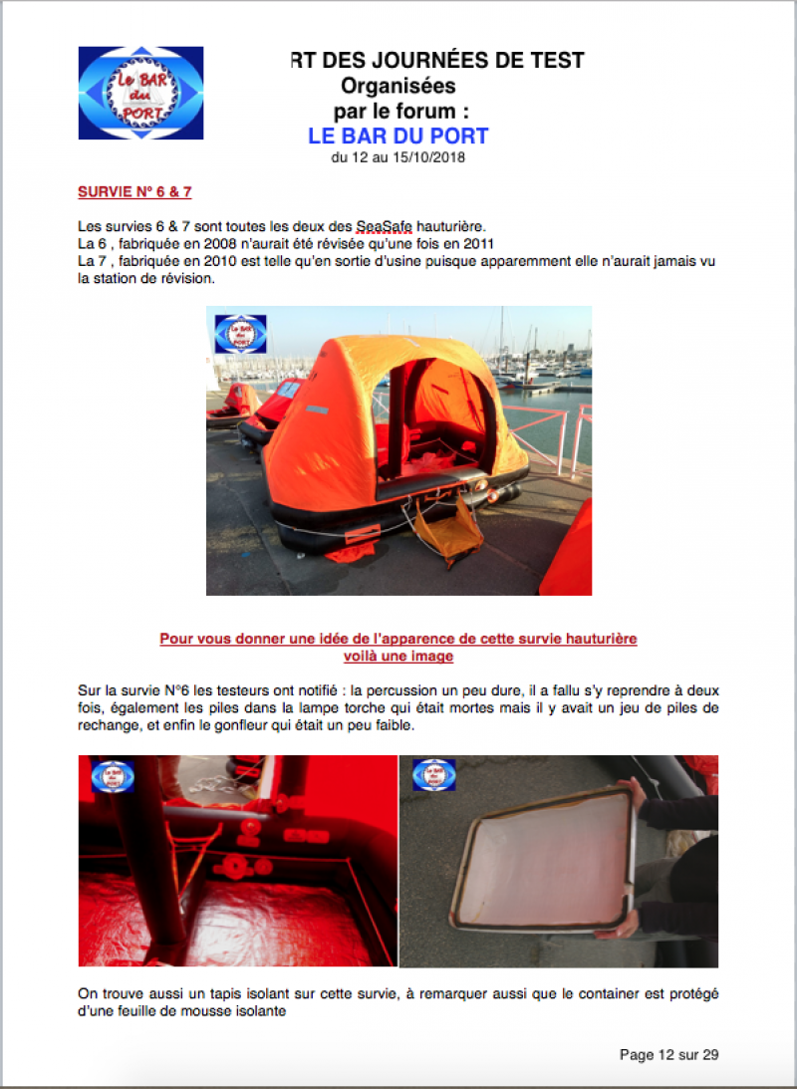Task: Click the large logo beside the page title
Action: coord(140,93)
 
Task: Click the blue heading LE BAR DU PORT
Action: coord(398,136)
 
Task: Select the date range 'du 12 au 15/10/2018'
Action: coord(398,158)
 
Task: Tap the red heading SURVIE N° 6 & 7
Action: coord(134,192)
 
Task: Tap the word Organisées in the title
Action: coord(398,86)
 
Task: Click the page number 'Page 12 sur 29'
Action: coord(669,1055)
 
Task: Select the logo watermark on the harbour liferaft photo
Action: coord(240,334)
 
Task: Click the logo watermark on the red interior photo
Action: coord(113,776)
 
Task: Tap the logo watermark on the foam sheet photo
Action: coord(434,775)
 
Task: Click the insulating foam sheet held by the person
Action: coord(544,860)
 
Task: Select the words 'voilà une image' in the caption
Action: coord(398,657)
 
